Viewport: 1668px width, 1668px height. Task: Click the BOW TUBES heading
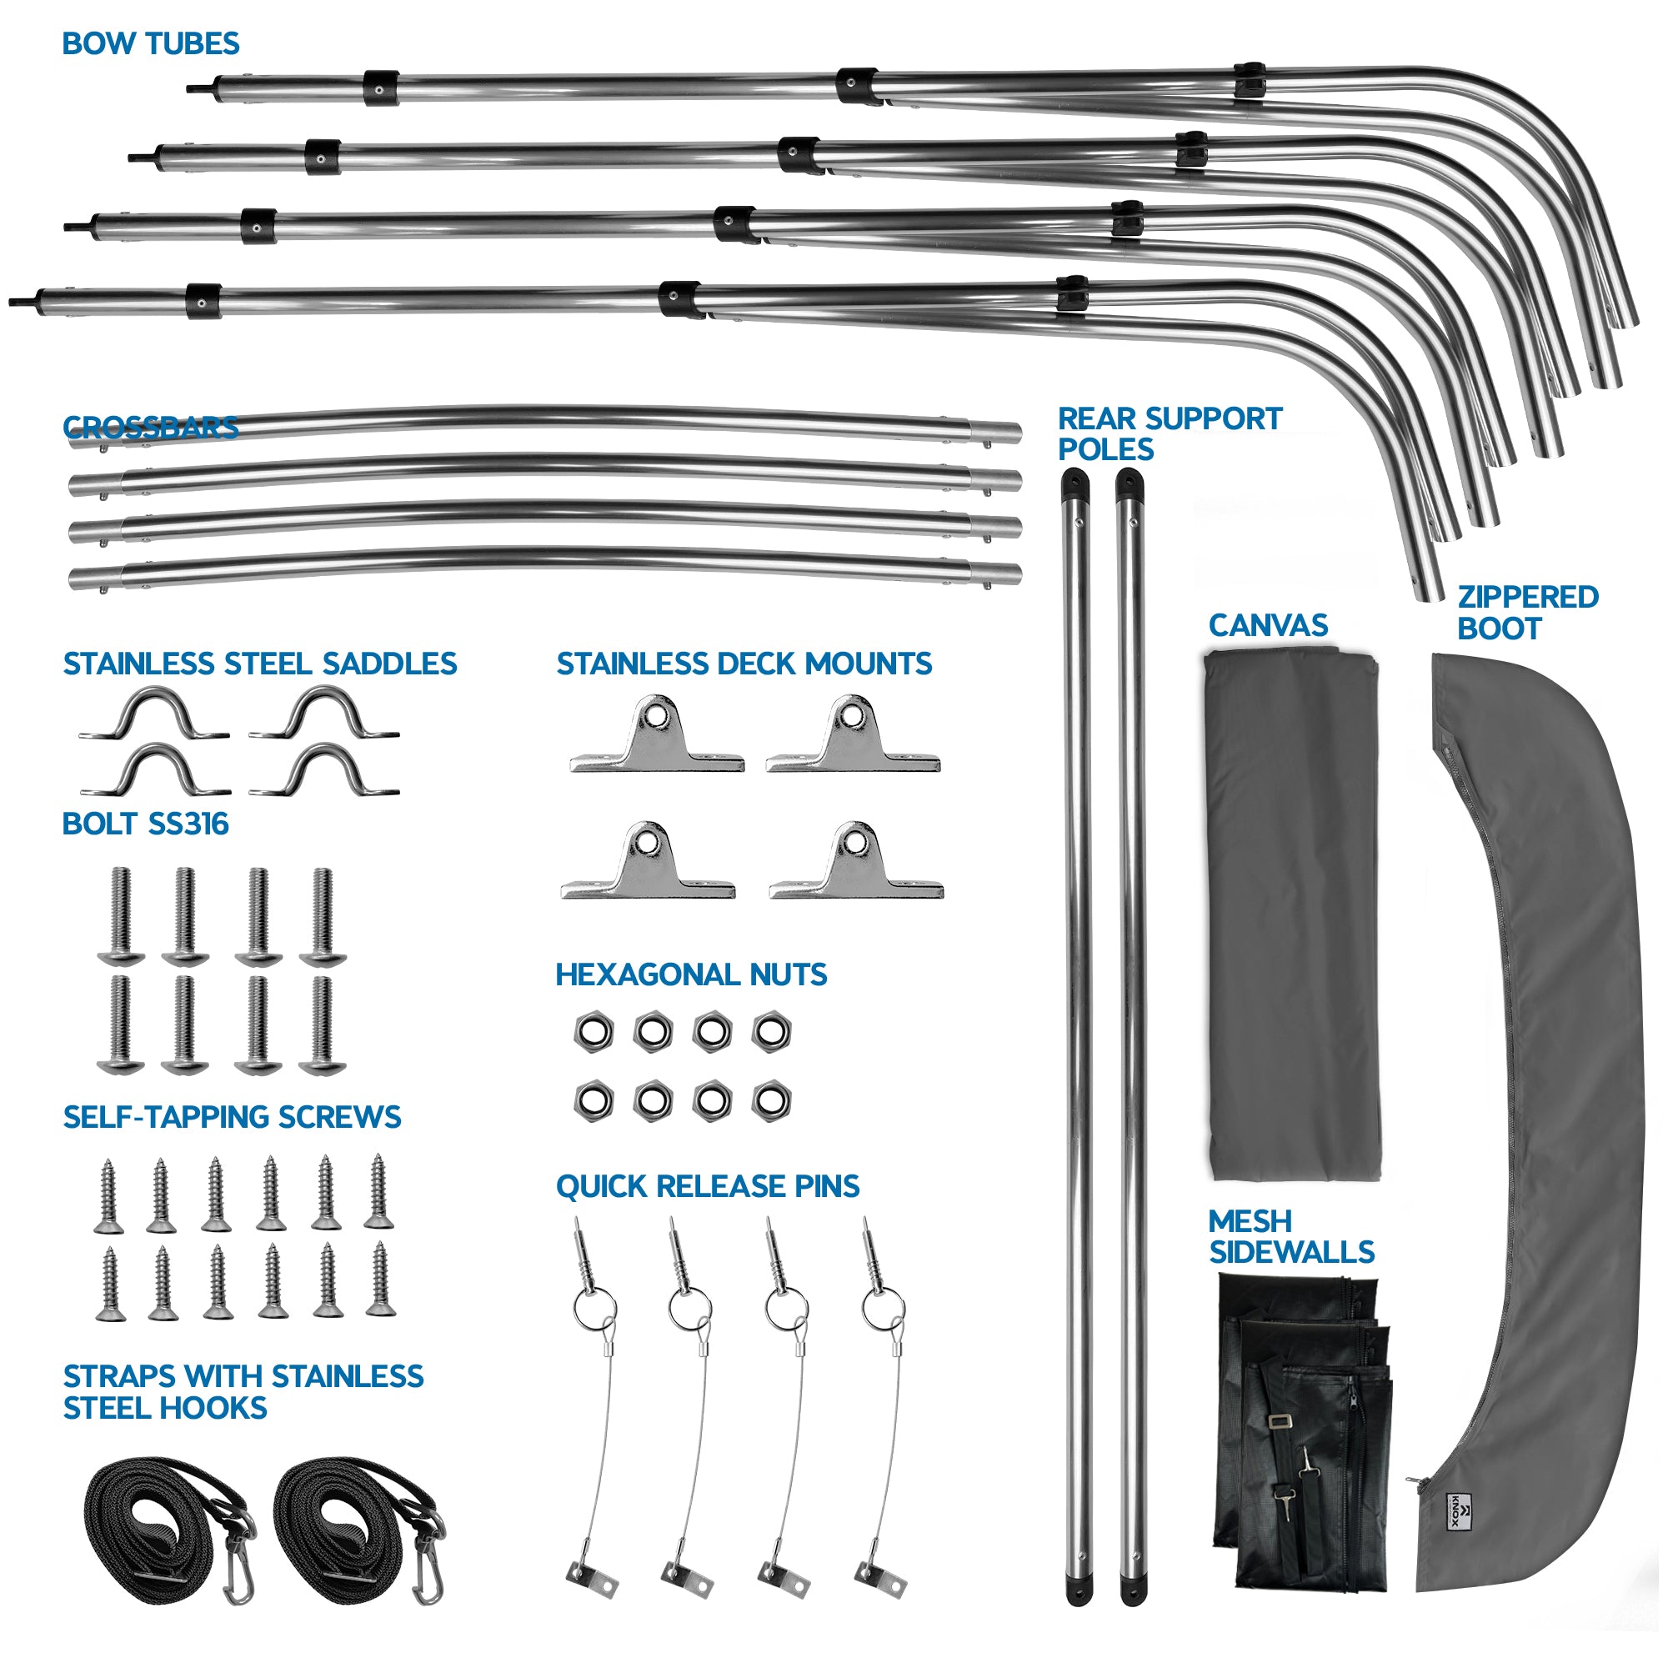pos(150,43)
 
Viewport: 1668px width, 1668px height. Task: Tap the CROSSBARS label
pos(150,428)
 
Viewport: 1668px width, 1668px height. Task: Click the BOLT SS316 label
pos(145,824)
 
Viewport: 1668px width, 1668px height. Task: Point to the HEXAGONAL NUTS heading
pos(691,974)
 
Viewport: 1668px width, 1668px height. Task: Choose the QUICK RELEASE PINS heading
pos(707,1186)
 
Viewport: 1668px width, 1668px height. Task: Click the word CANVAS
pos(1267,625)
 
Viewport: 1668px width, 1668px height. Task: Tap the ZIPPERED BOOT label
pos(1526,612)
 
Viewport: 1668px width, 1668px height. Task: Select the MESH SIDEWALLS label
pos(1290,1236)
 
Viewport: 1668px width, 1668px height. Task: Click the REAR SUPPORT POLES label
pos(1169,434)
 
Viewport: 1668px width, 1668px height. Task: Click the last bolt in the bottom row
pos(323,1024)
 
